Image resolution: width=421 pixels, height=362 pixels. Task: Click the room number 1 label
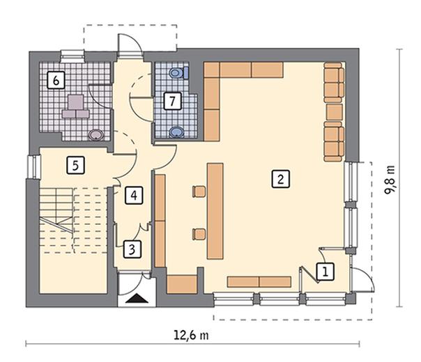[326, 272]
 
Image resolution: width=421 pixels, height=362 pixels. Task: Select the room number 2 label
[281, 179]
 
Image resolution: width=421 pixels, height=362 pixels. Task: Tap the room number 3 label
[132, 249]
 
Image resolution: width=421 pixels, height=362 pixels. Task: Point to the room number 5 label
[76, 165]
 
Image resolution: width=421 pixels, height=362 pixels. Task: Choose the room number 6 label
[56, 80]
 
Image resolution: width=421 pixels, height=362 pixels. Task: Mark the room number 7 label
[172, 101]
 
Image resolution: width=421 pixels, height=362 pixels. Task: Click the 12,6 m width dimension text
[191, 335]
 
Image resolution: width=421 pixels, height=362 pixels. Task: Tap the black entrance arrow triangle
[137, 298]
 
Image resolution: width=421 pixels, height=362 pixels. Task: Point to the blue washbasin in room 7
[176, 132]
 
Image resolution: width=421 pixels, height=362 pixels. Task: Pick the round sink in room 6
[96, 134]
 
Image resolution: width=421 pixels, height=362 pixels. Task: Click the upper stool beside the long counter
[199, 191]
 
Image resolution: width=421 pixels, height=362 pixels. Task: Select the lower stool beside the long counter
[199, 234]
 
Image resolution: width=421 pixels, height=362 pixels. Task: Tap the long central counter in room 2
[215, 211]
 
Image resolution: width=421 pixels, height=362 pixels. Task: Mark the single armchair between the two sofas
[335, 112]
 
